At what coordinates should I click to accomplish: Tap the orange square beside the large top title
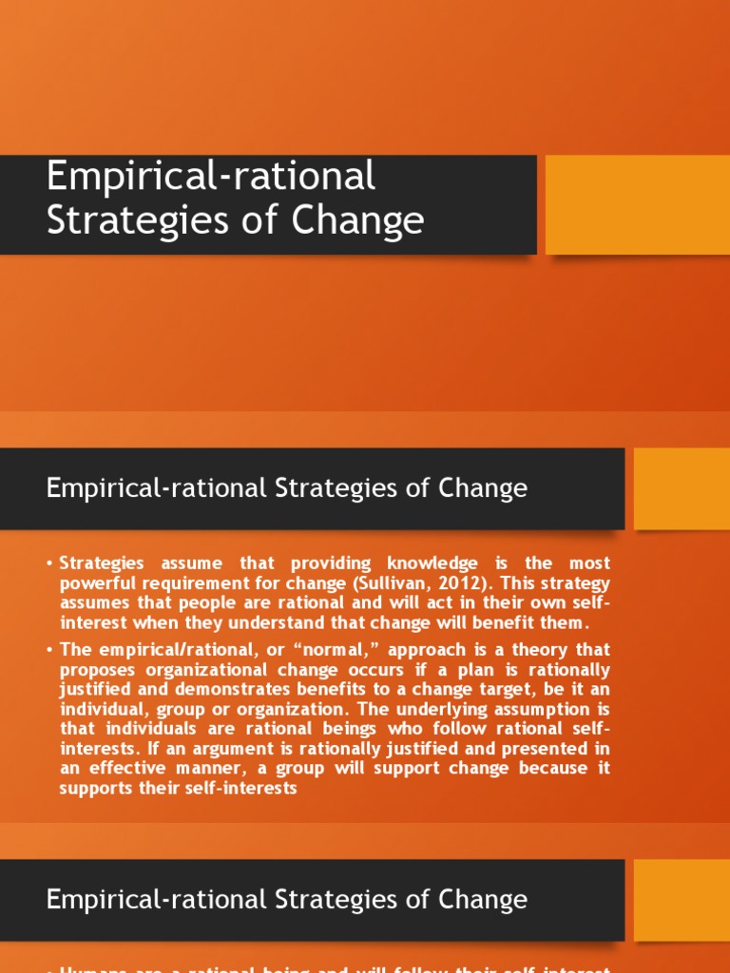tap(637, 204)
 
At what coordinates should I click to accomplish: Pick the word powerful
tap(99, 582)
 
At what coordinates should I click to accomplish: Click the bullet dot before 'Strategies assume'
tap(49, 564)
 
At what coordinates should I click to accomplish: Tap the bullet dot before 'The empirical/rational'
tap(49, 650)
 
